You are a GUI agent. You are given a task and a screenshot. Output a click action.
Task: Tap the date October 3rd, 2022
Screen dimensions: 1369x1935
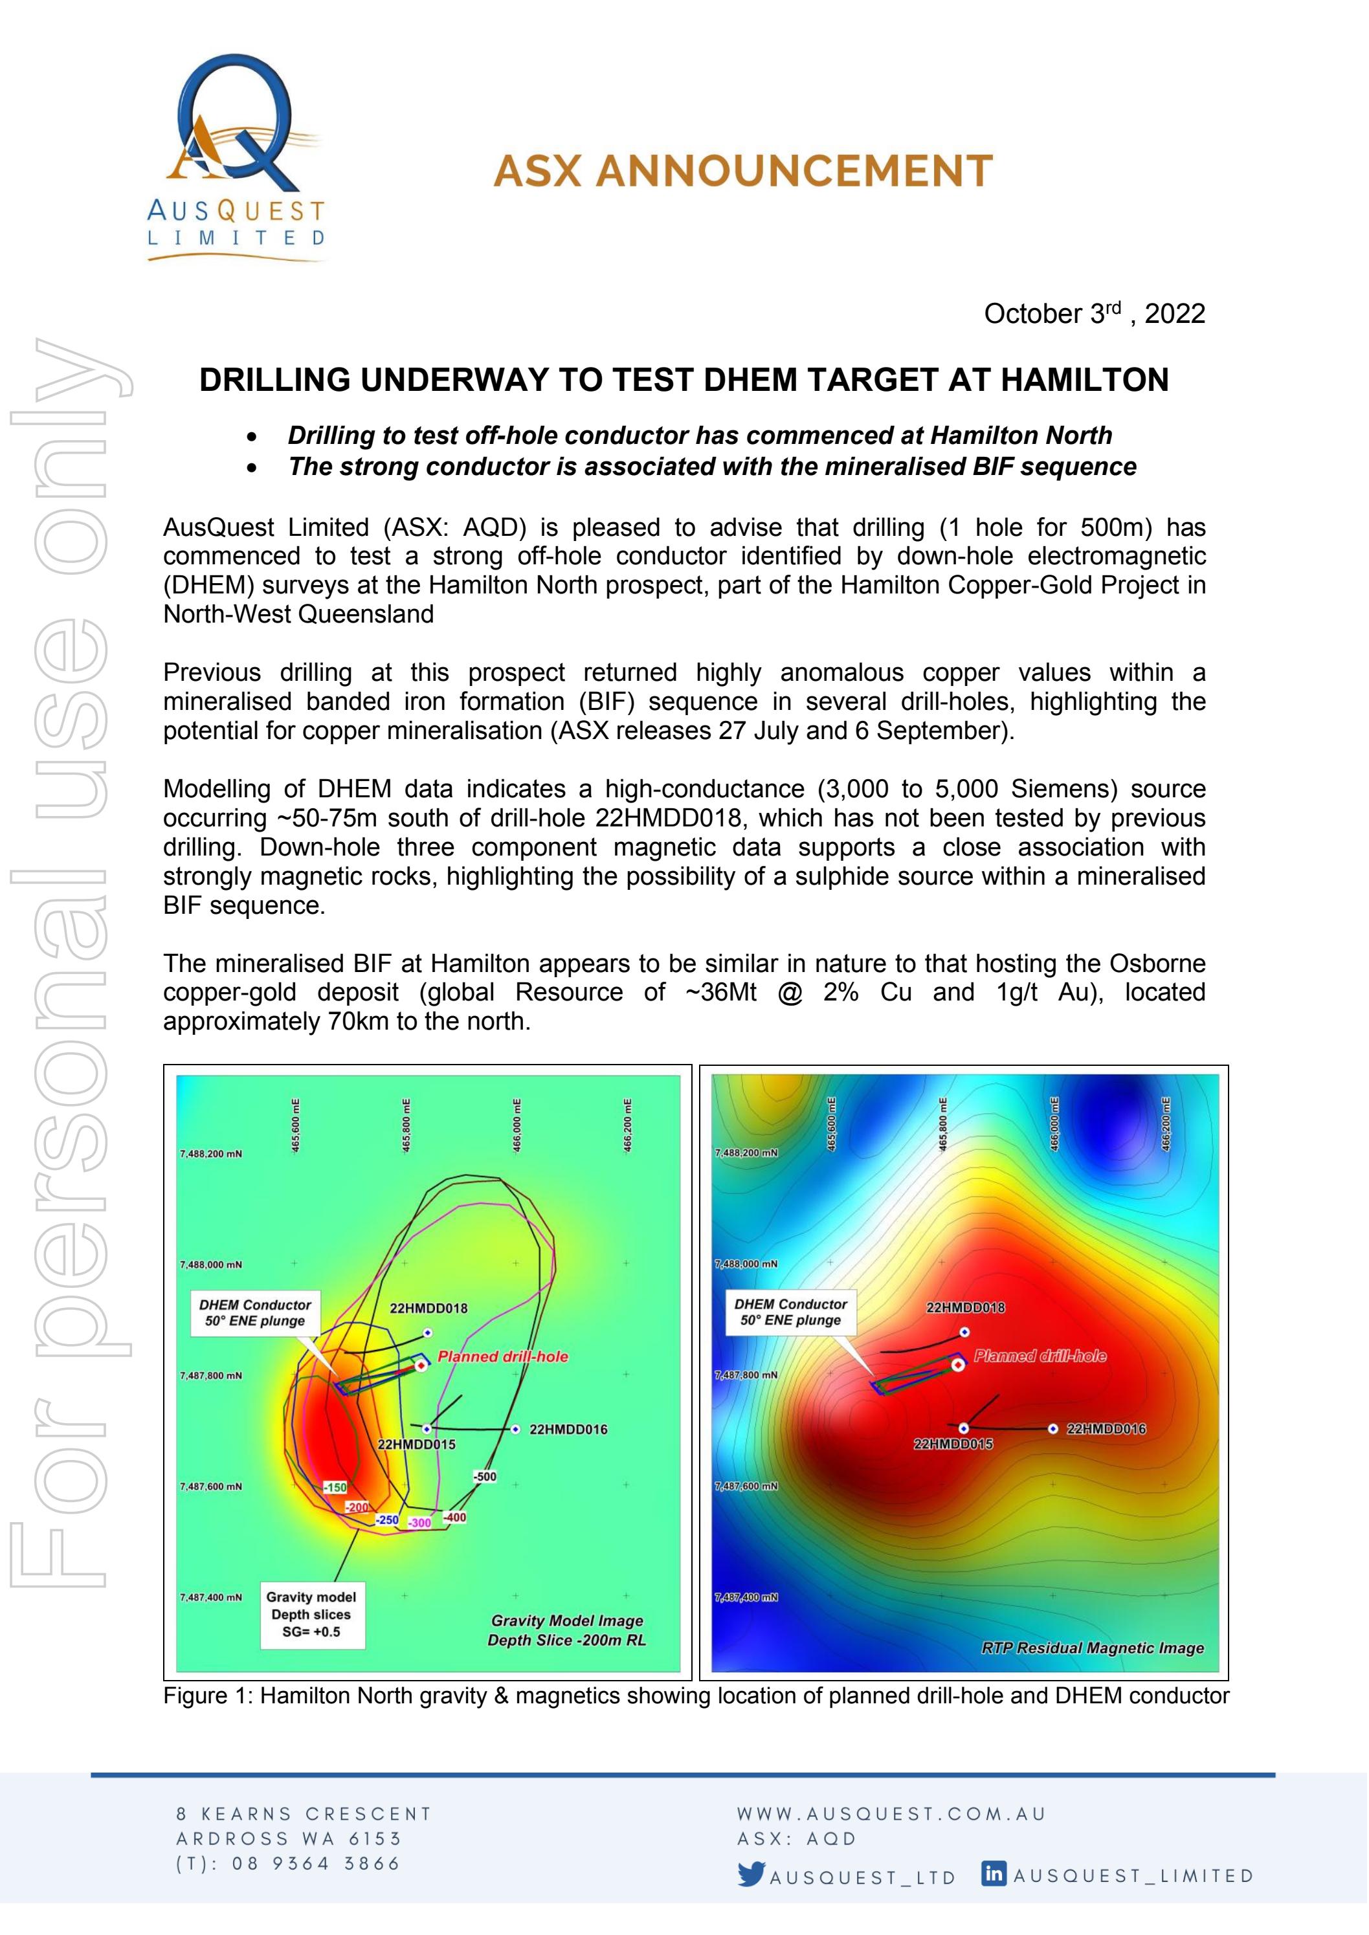(1093, 313)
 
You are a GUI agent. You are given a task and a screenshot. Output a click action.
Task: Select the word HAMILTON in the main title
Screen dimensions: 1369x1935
(1084, 380)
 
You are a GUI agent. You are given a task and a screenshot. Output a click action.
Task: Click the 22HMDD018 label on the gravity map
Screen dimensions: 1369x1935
(429, 1308)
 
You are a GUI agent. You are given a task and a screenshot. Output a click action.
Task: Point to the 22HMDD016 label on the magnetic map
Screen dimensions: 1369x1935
(1106, 1428)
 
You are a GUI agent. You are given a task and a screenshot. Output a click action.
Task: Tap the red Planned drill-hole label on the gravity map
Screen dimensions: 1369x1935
(502, 1356)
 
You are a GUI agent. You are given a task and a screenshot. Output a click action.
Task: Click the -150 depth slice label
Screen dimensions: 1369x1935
(335, 1487)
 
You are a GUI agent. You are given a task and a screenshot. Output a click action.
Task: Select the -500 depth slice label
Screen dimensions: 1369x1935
(484, 1477)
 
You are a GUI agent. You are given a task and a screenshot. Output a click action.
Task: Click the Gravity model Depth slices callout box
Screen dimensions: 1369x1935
(311, 1614)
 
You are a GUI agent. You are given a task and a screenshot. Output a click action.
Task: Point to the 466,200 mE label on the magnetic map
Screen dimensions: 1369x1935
(1166, 1123)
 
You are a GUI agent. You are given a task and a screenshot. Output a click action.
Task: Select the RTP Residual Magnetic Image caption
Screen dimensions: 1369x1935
(1092, 1648)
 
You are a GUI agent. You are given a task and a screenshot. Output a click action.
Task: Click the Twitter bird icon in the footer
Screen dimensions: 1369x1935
(751, 1874)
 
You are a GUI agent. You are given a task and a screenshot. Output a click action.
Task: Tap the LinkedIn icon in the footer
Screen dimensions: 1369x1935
(994, 1873)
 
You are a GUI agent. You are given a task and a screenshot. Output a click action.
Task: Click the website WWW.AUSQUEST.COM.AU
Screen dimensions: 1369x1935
(891, 1813)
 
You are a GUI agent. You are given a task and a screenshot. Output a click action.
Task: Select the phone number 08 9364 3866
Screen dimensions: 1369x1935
(315, 1863)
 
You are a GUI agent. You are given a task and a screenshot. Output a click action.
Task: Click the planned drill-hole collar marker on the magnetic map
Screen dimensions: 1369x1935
(957, 1364)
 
